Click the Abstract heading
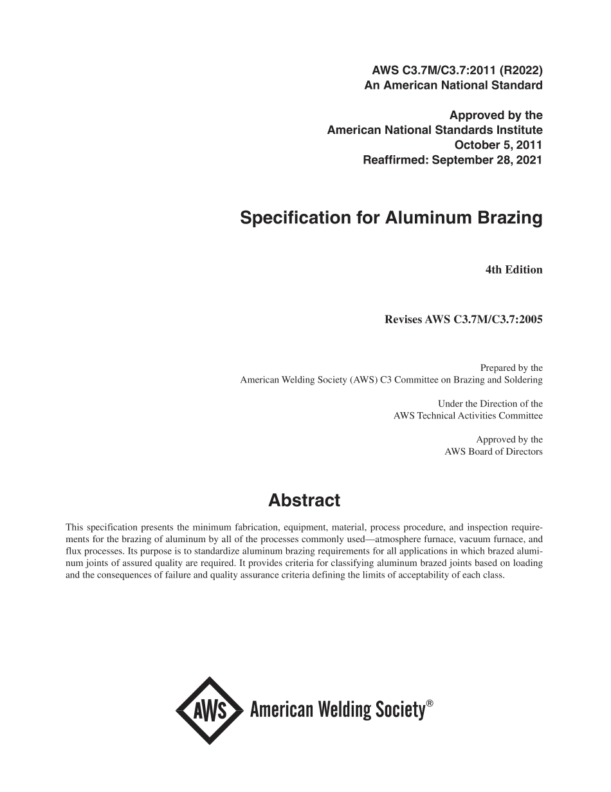point(304,500)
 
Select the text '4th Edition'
point(513,270)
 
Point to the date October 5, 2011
point(498,145)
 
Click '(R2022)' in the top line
point(518,70)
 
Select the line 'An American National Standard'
point(453,85)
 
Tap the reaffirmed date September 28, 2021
point(487,160)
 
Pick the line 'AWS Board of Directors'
point(493,452)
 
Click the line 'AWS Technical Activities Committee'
point(468,416)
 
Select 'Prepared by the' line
point(511,368)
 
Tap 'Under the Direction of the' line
point(490,404)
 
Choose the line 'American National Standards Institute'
point(435,130)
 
